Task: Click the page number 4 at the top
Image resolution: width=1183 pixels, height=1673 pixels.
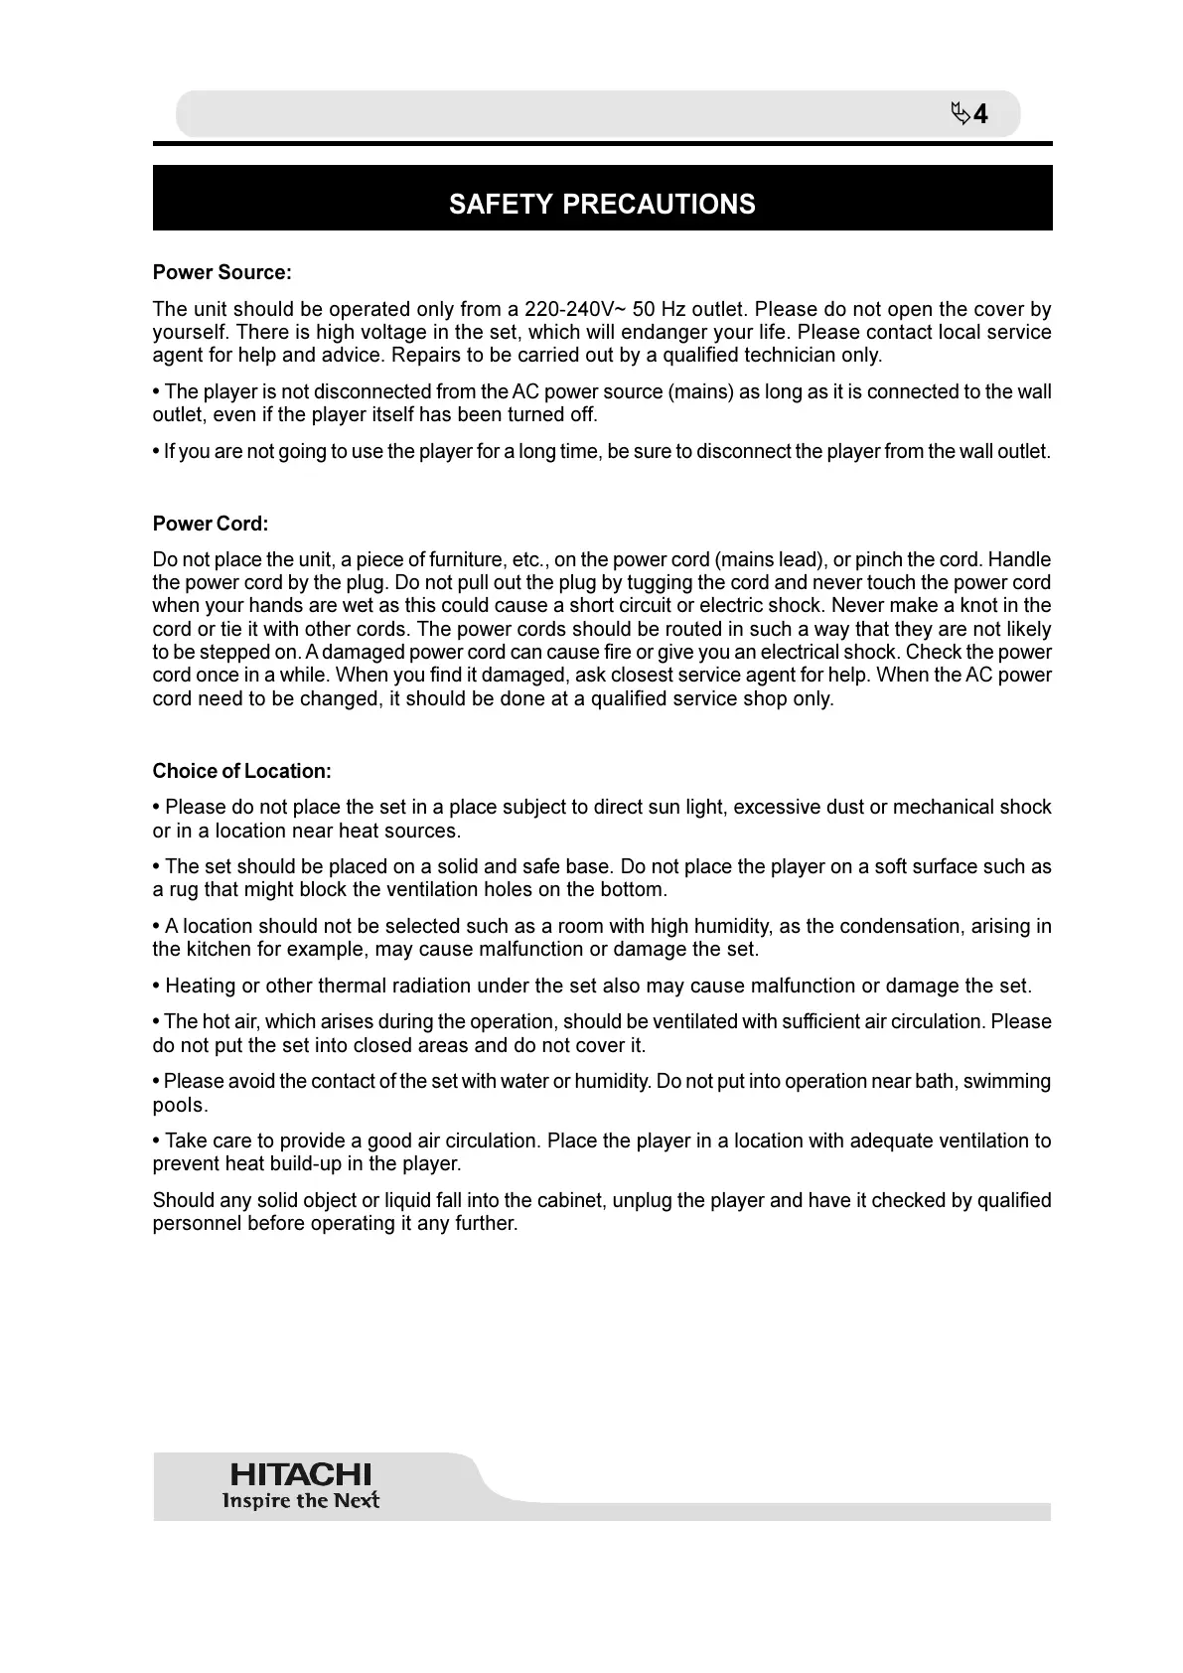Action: pyautogui.click(x=980, y=114)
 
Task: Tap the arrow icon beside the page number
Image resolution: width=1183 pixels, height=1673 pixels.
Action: pyautogui.click(x=960, y=113)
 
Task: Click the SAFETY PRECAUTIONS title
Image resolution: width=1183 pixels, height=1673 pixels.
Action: pyautogui.click(x=602, y=204)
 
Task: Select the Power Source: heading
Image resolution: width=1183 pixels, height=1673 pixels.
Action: pyautogui.click(x=222, y=272)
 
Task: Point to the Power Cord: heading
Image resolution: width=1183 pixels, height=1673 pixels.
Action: pyautogui.click(x=211, y=524)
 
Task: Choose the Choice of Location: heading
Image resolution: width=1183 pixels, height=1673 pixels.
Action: pyautogui.click(x=242, y=771)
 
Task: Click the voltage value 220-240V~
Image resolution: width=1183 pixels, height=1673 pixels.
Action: pyautogui.click(x=574, y=309)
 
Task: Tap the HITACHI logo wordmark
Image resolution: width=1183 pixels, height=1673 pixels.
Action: pyautogui.click(x=300, y=1474)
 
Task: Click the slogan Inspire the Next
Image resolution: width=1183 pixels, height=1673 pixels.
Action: pyautogui.click(x=300, y=1500)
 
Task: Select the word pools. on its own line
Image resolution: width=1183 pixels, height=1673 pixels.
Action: pyautogui.click(x=180, y=1105)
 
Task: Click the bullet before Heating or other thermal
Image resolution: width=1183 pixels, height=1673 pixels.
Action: pyautogui.click(x=157, y=986)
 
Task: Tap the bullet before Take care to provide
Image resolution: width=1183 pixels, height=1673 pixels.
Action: pyautogui.click(x=157, y=1141)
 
